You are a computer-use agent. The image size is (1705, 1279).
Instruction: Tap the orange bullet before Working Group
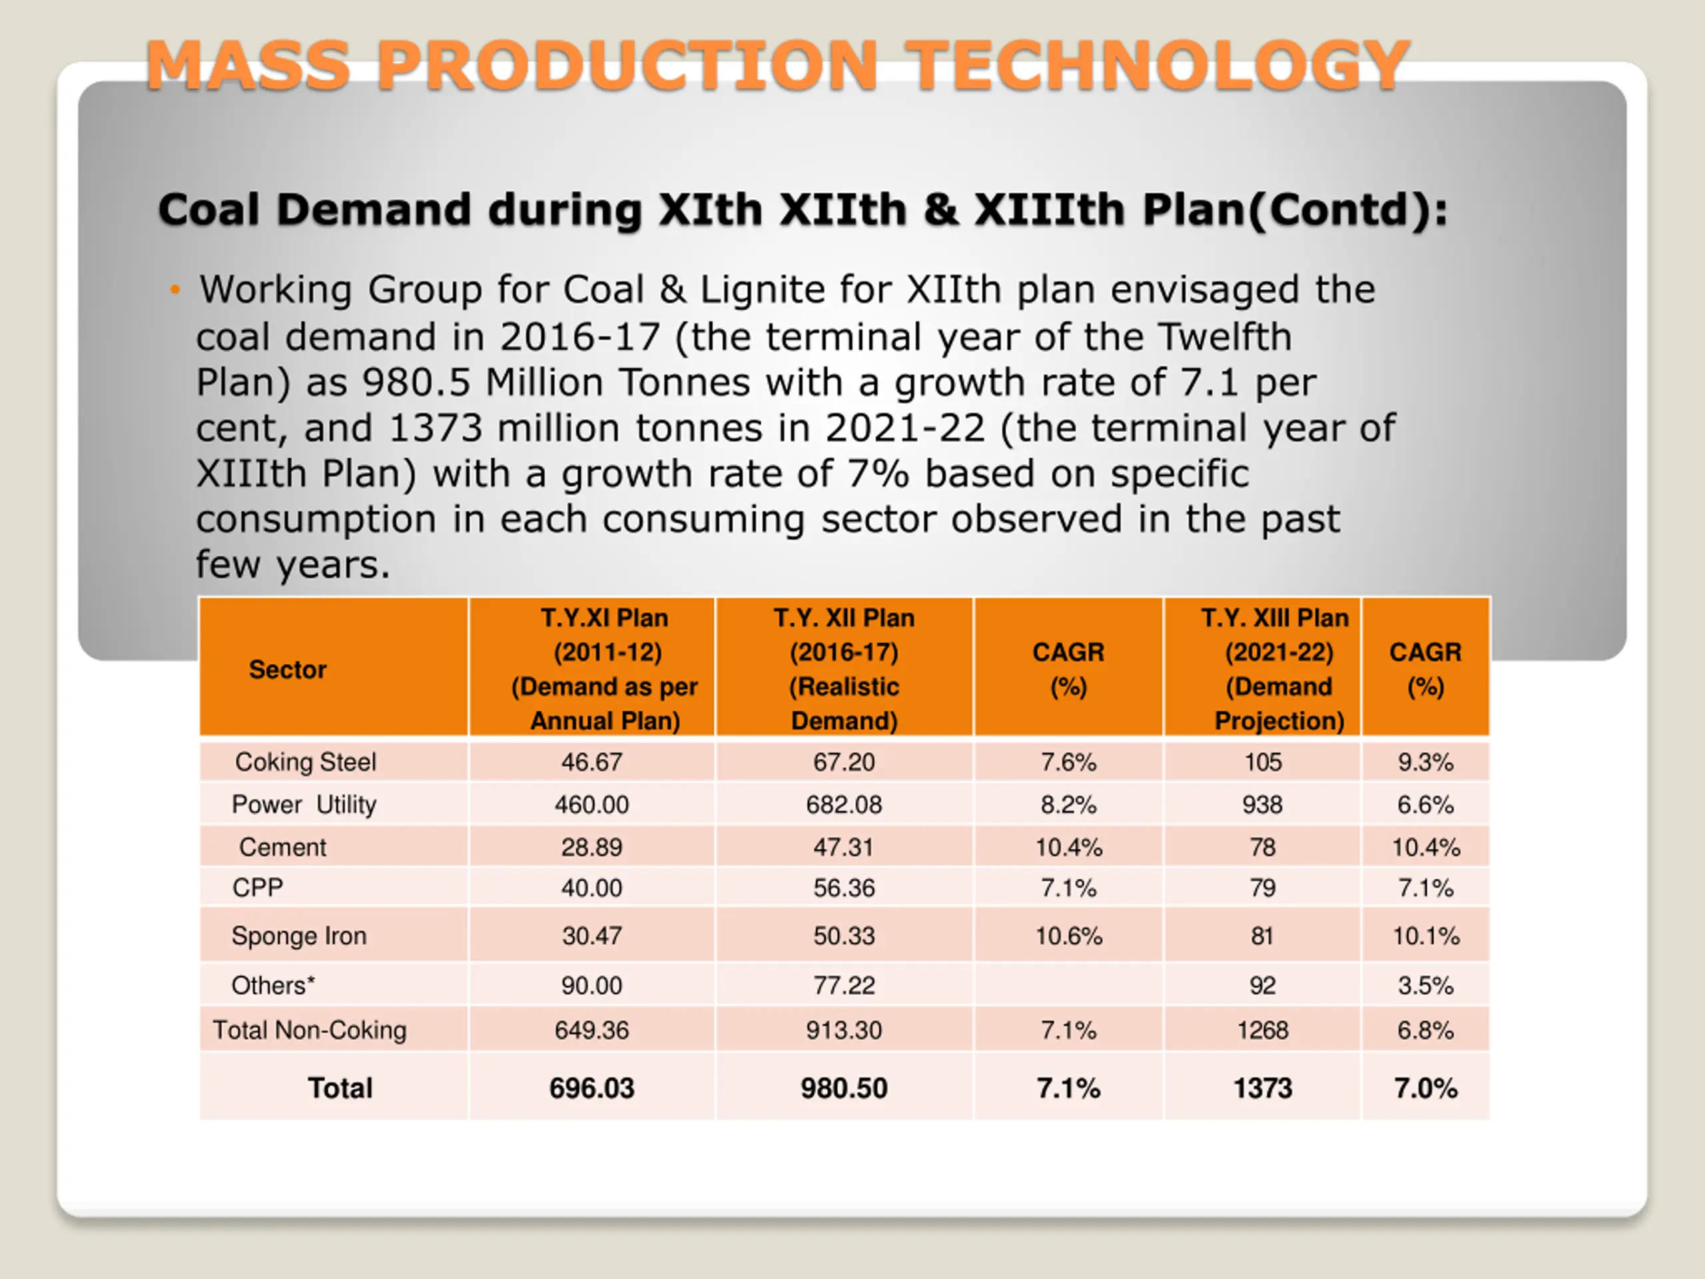176,290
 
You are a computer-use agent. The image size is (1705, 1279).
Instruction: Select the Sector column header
288,669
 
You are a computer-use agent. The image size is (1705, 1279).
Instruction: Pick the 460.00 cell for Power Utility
591,805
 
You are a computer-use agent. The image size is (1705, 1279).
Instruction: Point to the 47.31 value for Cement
843,847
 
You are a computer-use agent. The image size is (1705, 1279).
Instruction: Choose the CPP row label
258,888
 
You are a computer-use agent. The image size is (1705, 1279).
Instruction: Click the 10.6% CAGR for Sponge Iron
1068,936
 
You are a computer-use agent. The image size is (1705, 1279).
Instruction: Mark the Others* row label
273,985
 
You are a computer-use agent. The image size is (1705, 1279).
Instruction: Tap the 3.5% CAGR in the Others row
1425,985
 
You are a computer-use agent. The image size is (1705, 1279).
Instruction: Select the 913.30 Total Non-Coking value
843,1030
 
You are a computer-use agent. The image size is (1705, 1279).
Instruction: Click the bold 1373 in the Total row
1262,1088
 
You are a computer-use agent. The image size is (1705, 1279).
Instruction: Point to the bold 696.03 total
591,1088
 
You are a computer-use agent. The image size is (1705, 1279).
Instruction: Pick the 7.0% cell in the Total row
1425,1088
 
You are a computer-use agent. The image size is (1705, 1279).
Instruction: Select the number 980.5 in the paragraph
416,382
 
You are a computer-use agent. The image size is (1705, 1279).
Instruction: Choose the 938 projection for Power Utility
1262,805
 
